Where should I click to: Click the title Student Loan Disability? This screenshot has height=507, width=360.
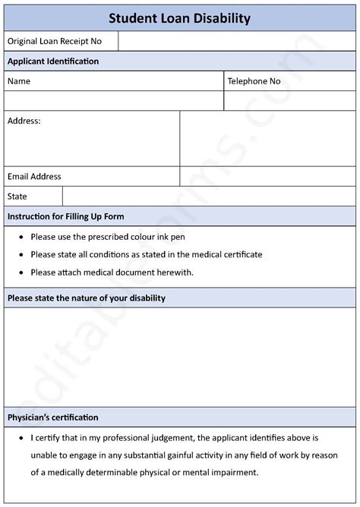[x=179, y=18]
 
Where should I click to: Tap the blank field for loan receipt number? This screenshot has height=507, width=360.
[x=237, y=41]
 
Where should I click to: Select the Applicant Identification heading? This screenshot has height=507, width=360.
[x=53, y=61]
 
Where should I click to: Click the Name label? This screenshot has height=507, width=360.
[x=19, y=81]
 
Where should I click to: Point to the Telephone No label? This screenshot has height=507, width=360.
[x=254, y=81]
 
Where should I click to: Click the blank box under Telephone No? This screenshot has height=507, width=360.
[x=289, y=101]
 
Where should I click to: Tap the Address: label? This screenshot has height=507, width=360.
[x=24, y=121]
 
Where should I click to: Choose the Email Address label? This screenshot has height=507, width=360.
[x=34, y=176]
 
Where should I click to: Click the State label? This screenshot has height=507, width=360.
[x=17, y=196]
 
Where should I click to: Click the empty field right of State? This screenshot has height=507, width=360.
[x=209, y=196]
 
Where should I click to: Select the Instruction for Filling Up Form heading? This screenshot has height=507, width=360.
[x=66, y=216]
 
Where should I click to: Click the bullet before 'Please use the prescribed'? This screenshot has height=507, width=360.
[x=18, y=237]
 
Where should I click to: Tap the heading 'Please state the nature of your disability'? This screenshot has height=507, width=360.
[x=87, y=298]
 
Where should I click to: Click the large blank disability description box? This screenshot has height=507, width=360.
[x=179, y=357]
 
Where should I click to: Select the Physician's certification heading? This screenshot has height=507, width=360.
[x=53, y=417]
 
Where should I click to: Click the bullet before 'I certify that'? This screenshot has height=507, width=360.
[x=18, y=438]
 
